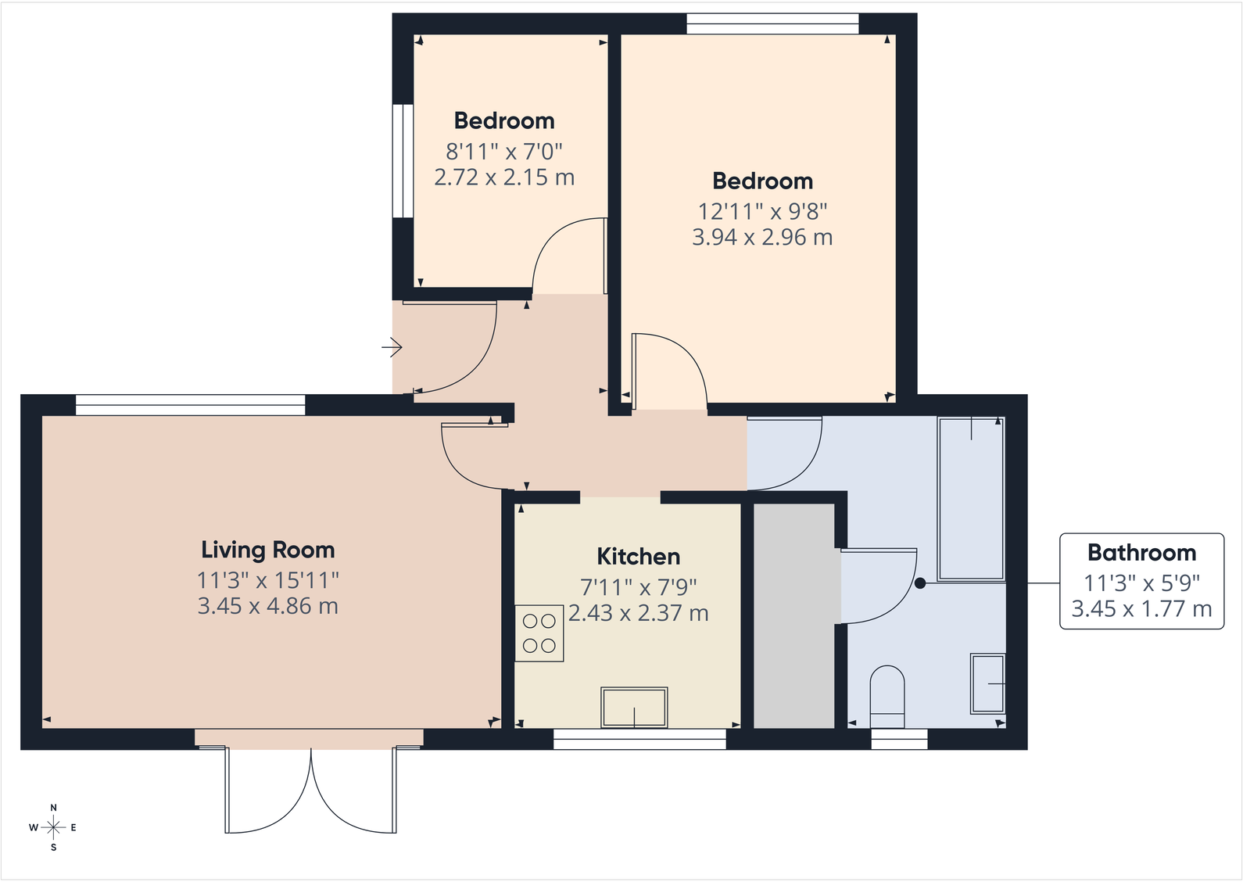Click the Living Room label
click(x=268, y=550)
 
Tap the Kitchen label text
click(x=638, y=557)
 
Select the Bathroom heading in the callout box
click(x=1141, y=553)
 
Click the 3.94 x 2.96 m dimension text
click(x=762, y=237)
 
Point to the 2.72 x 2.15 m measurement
click(x=504, y=177)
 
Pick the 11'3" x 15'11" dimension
click(x=268, y=580)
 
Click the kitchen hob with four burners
click(x=539, y=633)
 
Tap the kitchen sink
click(x=634, y=707)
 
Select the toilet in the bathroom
click(x=887, y=697)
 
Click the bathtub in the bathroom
click(x=971, y=498)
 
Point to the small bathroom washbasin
click(x=987, y=683)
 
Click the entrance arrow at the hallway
click(x=392, y=347)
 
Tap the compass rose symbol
click(x=53, y=827)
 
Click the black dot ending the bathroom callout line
click(x=920, y=583)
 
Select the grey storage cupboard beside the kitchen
click(x=794, y=615)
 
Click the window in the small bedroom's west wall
click(x=403, y=161)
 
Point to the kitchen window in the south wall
click(x=639, y=739)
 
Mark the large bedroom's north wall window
click(x=772, y=24)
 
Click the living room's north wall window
click(x=190, y=405)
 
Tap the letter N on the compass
click(x=53, y=808)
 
